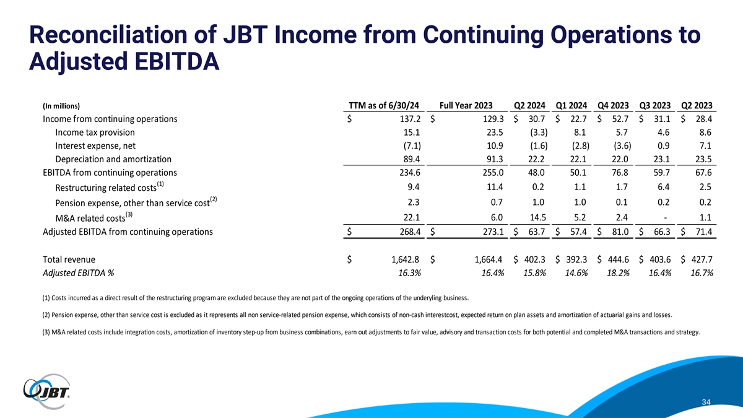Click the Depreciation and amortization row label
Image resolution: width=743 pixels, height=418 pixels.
(113, 159)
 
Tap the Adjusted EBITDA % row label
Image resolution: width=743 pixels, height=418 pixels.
(77, 273)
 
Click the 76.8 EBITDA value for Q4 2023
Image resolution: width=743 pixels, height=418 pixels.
(620, 173)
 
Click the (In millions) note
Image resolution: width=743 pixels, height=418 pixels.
(61, 105)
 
